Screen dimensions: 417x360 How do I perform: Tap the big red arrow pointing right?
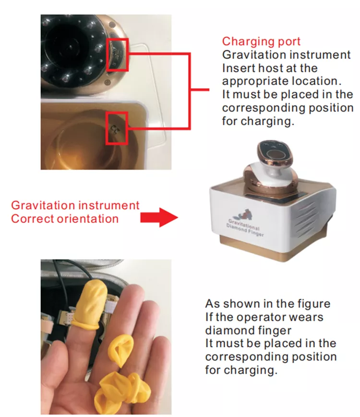[x=159, y=218]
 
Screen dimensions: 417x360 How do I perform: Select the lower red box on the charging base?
[x=116, y=128]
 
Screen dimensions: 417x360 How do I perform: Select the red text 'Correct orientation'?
[x=65, y=219]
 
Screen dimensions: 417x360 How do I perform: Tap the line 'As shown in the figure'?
[x=268, y=304]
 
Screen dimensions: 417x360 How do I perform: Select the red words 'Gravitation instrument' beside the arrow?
[x=75, y=206]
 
